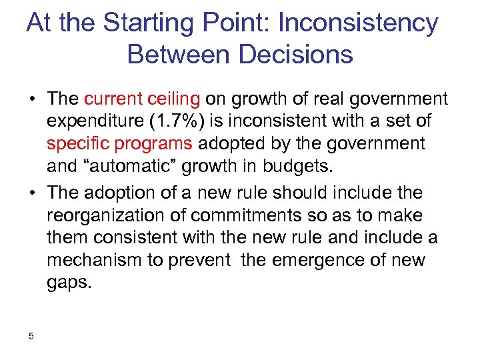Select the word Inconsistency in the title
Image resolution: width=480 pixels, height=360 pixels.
click(359, 23)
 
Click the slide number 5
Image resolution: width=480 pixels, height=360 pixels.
click(31, 336)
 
